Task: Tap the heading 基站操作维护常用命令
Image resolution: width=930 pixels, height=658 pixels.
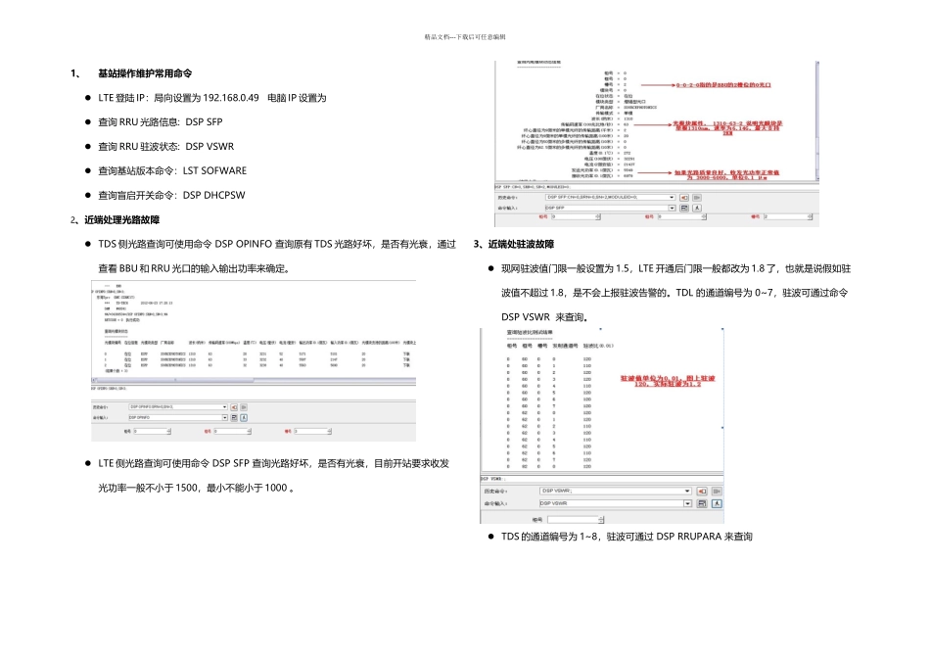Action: [145, 73]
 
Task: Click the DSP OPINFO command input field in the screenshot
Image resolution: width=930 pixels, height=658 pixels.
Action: [176, 417]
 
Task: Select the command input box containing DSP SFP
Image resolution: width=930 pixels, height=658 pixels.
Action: [607, 208]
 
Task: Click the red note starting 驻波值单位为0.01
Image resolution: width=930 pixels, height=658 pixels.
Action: [668, 381]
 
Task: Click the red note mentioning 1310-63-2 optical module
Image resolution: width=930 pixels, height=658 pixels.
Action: [715, 128]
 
